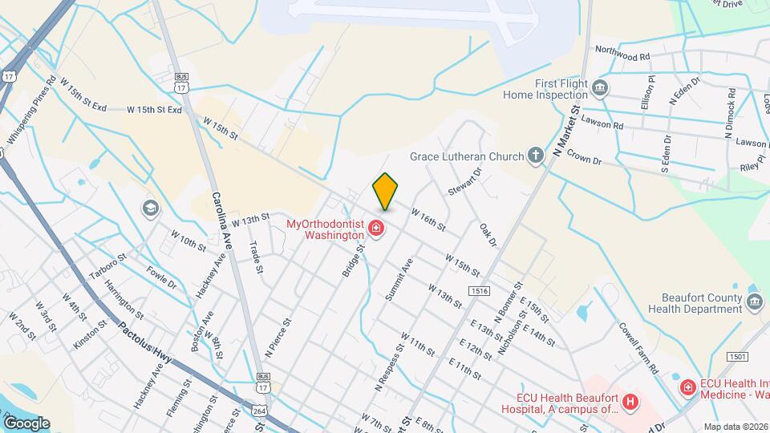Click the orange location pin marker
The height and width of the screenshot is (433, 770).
coord(385,191)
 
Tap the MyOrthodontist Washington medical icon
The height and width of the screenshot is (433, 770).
coord(375,230)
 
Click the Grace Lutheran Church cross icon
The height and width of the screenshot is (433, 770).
coord(537,156)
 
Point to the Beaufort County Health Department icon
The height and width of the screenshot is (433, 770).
coord(754,302)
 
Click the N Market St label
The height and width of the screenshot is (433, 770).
coord(567,132)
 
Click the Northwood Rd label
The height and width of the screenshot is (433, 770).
coord(622,54)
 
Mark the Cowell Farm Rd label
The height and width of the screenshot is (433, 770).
coord(638,347)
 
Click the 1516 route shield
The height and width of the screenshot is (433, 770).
coord(480,291)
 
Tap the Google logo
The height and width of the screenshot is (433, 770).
coord(26,423)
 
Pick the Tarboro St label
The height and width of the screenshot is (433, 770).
coord(108,269)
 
